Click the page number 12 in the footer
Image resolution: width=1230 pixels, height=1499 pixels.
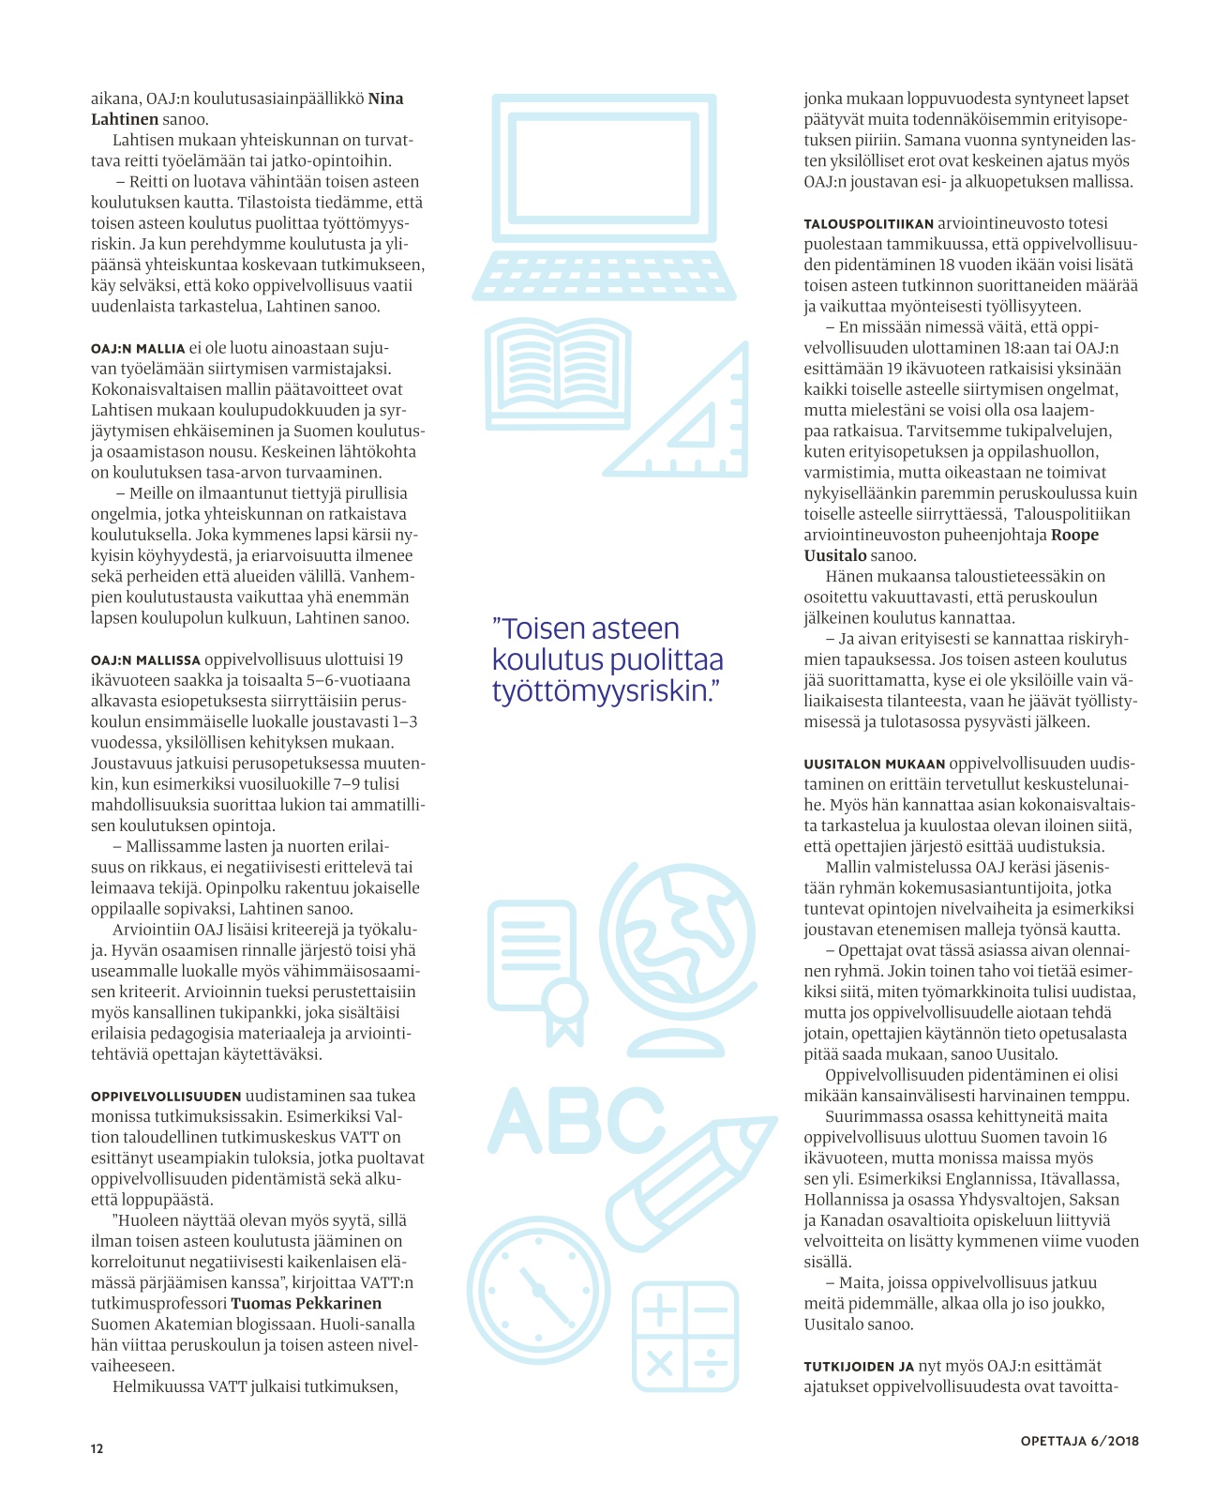[x=97, y=1448]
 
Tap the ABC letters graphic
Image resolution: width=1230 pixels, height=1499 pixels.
[x=577, y=1121]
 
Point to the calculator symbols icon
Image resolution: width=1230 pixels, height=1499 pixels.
[x=685, y=1336]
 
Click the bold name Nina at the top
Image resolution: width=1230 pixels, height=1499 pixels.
[x=385, y=98]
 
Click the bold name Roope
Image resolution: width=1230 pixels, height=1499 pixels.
[x=1074, y=535]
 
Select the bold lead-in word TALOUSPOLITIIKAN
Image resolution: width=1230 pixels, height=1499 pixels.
[x=868, y=224]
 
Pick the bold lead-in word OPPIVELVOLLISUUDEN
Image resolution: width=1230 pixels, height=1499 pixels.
[x=166, y=1096]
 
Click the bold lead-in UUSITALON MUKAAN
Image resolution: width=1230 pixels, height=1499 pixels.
[x=875, y=764]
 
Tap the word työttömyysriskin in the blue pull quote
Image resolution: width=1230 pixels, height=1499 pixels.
[x=598, y=691]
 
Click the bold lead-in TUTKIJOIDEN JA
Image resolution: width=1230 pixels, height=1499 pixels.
[x=859, y=1367]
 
